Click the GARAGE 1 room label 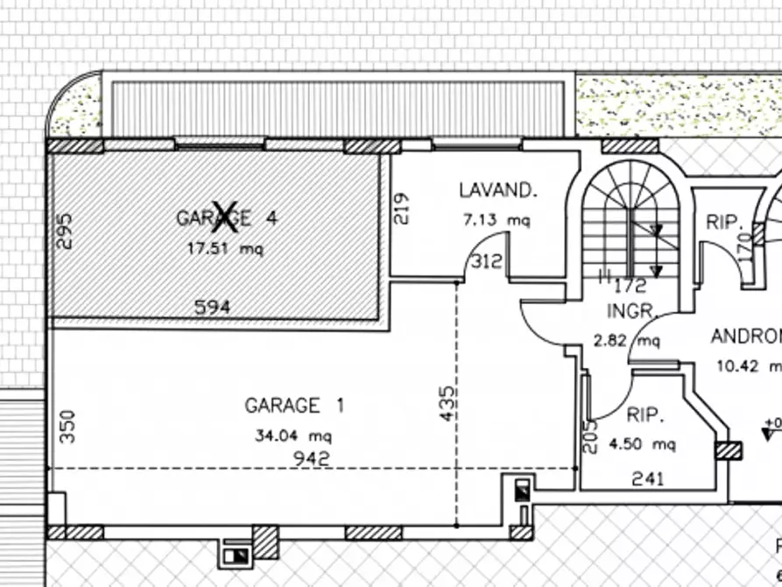click(294, 406)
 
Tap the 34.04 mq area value click(294, 435)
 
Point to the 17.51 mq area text click(225, 248)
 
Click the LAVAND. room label click(497, 190)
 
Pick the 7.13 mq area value click(497, 221)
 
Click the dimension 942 click(313, 457)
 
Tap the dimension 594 click(214, 307)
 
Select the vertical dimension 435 click(447, 404)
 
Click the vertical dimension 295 click(66, 231)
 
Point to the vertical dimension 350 click(69, 426)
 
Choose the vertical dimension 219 click(402, 209)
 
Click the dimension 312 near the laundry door click(487, 261)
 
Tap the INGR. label click(631, 311)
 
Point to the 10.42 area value click(744, 365)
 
